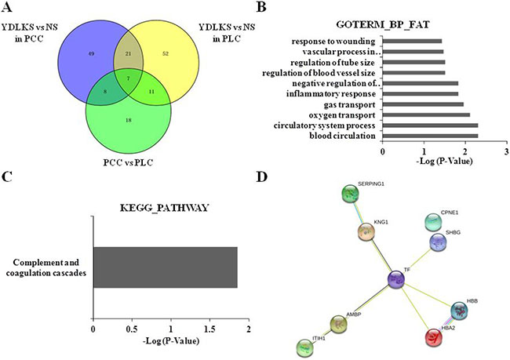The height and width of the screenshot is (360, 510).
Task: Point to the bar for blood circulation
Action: (430, 136)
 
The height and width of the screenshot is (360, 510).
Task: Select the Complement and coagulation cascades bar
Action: (165, 267)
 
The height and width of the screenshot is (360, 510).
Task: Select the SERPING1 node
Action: (349, 194)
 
